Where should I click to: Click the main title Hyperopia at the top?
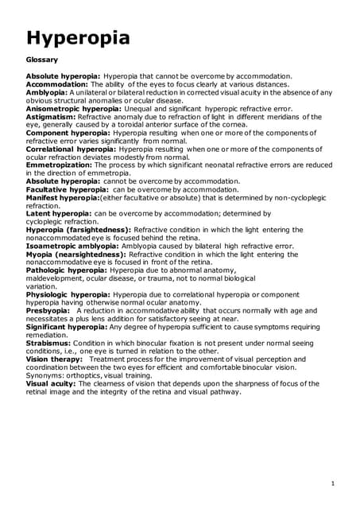point(78,37)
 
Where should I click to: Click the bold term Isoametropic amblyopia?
point(76,247)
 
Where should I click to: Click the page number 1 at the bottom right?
point(331,484)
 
